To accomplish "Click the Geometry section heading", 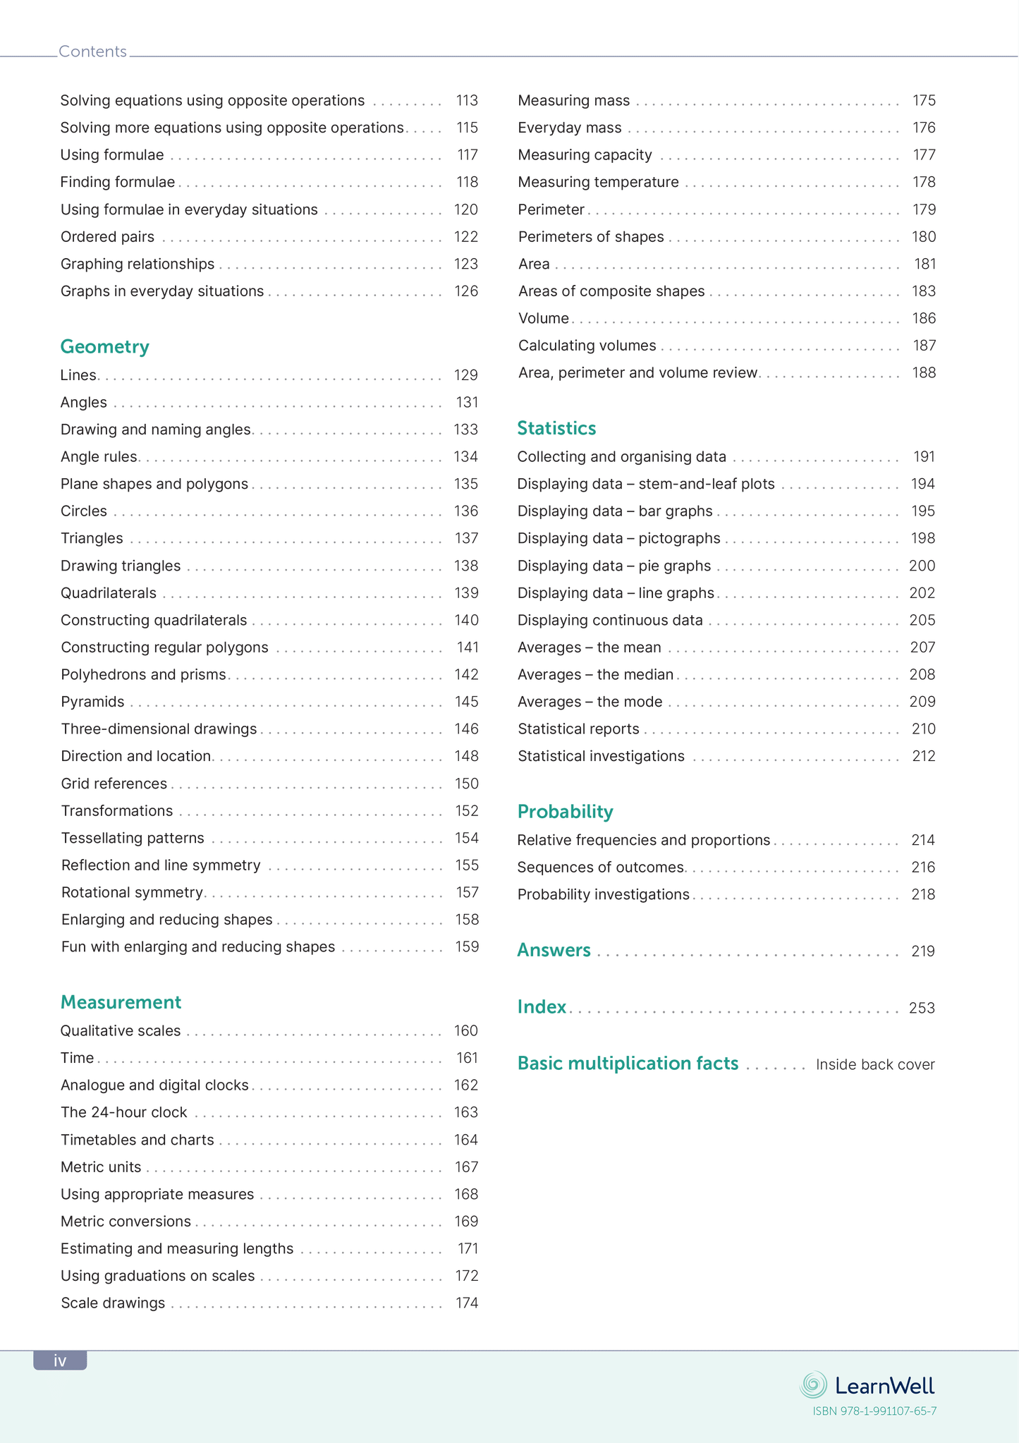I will [x=104, y=347].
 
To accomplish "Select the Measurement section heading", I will [x=121, y=1002].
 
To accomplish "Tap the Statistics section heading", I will [x=556, y=428].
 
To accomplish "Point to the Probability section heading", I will [x=565, y=812].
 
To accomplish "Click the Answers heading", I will [x=554, y=950].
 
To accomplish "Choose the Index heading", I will [x=542, y=1006].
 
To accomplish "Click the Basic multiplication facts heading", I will [x=628, y=1064].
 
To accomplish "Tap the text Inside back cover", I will [x=875, y=1065].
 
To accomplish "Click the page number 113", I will [x=467, y=101].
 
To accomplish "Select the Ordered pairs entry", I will [x=107, y=237].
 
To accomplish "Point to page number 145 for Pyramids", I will [x=466, y=702].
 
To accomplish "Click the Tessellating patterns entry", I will [x=133, y=838].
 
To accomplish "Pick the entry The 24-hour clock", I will [x=124, y=1112].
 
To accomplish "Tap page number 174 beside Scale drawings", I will [x=466, y=1303].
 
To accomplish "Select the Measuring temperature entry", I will [x=598, y=183].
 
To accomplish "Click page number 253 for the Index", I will [x=922, y=1009].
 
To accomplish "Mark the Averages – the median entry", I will [x=595, y=675].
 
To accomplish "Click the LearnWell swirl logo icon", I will [x=813, y=1385].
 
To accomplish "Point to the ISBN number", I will [x=874, y=1411].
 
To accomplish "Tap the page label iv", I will [x=60, y=1360].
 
